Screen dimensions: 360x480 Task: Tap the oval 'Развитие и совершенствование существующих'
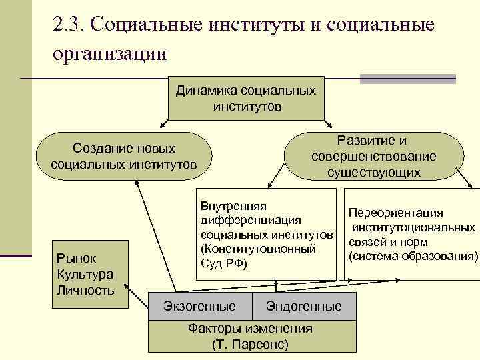373,157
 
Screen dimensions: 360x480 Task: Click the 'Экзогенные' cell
200,307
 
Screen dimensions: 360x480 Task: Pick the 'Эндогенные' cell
303,307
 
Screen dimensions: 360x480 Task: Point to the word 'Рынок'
77,258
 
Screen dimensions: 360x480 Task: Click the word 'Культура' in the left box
85,274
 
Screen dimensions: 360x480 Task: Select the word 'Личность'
85,290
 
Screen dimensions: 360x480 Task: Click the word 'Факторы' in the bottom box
212,329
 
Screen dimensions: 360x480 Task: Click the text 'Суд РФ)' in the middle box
223,264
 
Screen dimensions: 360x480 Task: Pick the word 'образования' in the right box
442,256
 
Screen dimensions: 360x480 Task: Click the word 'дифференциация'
251,220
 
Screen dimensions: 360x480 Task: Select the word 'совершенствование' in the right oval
373,157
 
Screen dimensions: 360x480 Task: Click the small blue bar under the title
407,79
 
